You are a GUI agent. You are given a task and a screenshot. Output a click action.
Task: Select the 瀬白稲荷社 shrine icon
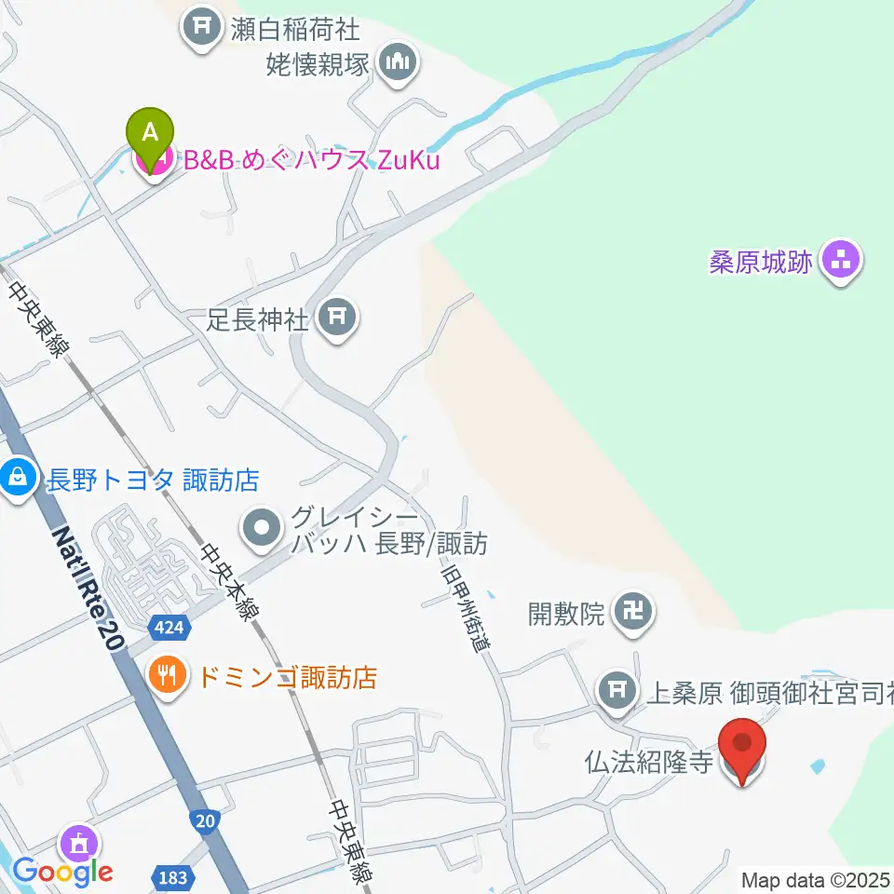point(201,28)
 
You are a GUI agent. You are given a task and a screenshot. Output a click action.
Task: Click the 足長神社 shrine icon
point(336,319)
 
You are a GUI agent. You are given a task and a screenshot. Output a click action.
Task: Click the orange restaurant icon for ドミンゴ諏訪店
point(168,675)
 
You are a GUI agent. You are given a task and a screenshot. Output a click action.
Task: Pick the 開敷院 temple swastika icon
point(635,612)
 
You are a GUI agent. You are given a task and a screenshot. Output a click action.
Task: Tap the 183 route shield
point(171,878)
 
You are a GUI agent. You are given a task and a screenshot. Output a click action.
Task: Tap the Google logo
point(63,872)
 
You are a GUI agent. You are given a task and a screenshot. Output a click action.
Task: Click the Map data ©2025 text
point(815,879)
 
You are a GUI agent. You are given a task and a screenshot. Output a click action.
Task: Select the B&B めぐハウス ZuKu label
point(311,161)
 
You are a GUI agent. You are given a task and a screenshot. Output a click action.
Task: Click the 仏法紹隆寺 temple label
point(649,763)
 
